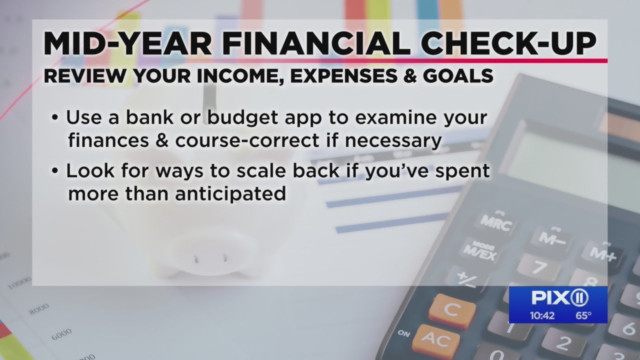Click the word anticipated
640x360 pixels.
(230, 194)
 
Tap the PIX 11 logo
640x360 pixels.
(559, 298)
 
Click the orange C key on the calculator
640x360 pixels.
(451, 310)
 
